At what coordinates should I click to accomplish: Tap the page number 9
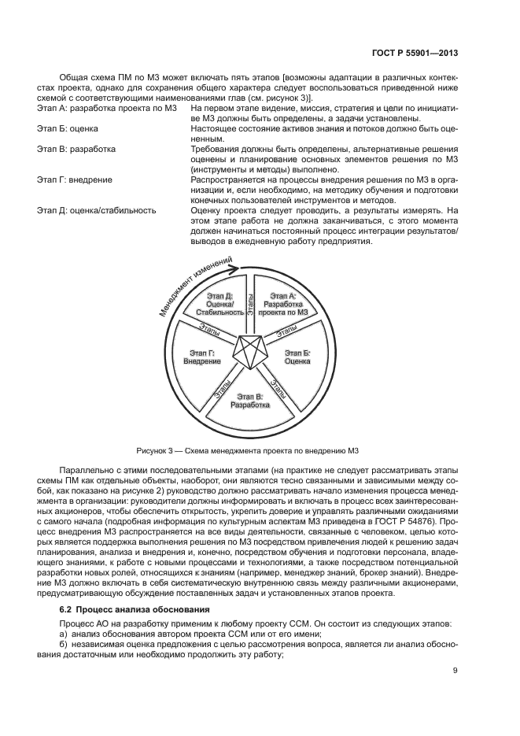pyautogui.click(x=455, y=671)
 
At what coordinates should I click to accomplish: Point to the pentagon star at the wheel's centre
pyautogui.click(x=249, y=352)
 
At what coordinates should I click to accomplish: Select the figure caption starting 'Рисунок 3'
pyautogui.click(x=249, y=450)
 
